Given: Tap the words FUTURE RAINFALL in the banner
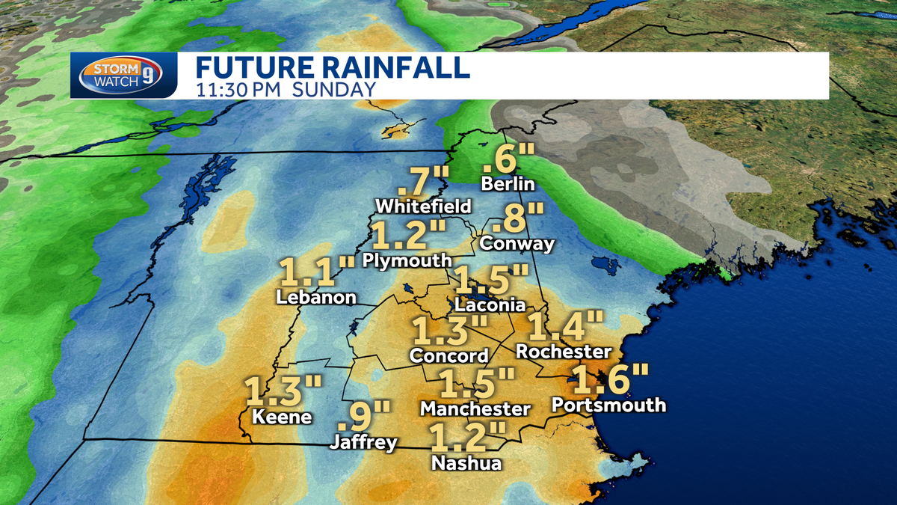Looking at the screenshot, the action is pos(333,67).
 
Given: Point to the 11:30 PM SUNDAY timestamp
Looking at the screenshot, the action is pos(286,90).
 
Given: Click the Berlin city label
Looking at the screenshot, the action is pos(508,184).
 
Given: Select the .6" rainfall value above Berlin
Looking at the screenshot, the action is pos(509,159).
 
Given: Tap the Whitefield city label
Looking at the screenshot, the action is pos(423,206).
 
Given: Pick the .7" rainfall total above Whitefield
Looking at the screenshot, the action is pos(423,182).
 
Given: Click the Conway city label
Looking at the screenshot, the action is pos(517,243).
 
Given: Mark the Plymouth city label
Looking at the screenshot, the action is pos(407,260).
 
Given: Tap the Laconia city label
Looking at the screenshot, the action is pos(490,305).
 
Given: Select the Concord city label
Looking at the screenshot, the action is pos(449,356).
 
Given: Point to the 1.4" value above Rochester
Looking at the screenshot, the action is pos(565,327).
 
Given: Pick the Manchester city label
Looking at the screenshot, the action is pos(475,409).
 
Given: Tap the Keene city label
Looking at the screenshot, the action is pos(282,417).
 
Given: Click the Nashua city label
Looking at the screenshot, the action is pos(466,463).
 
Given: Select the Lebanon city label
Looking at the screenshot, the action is pos(315,297).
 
